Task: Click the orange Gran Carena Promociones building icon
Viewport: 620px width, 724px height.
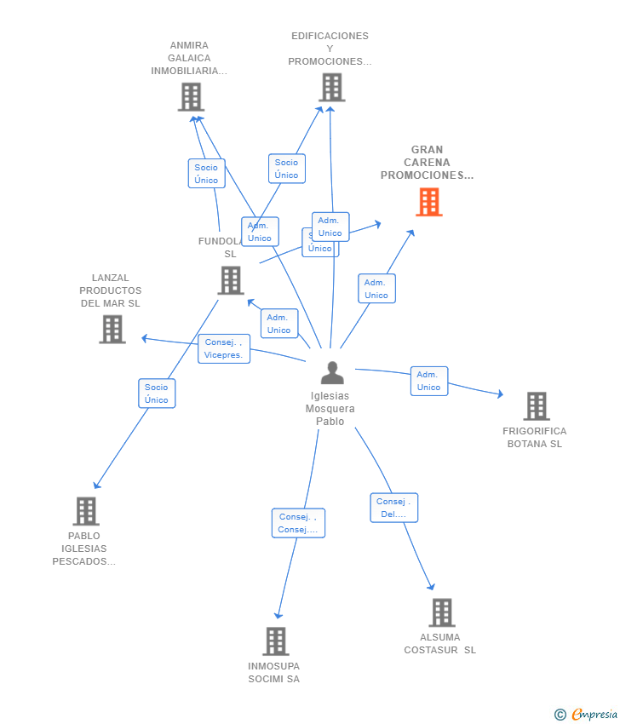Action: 429,202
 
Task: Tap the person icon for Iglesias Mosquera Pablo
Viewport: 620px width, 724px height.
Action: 332,373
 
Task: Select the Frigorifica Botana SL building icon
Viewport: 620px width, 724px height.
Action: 536,406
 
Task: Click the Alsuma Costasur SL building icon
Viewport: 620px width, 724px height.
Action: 441,612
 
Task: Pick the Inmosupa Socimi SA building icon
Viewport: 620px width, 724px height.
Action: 275,641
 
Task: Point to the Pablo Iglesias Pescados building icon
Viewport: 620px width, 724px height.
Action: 85,511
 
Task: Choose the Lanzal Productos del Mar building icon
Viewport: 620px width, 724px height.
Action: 112,329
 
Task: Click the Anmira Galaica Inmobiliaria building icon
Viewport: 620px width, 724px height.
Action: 191,97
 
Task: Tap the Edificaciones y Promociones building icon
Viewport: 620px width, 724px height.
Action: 331,87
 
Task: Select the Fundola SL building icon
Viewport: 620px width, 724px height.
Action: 230,280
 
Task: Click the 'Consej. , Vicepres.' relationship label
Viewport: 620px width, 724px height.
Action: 224,348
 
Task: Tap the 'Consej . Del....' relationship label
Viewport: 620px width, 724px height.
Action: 394,508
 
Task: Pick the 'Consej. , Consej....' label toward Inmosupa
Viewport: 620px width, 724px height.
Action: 298,523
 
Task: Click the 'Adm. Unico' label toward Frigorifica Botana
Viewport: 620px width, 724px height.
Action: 428,381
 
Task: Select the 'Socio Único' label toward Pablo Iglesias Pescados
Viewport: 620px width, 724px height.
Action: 157,394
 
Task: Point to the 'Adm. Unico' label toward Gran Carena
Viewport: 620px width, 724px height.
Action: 376,289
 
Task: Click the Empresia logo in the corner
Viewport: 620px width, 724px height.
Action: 587,714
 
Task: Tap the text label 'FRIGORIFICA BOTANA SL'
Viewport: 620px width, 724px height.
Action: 534,437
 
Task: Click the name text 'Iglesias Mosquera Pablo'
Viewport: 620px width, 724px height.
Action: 330,408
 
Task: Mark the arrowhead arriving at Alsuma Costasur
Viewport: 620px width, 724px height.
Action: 432,587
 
